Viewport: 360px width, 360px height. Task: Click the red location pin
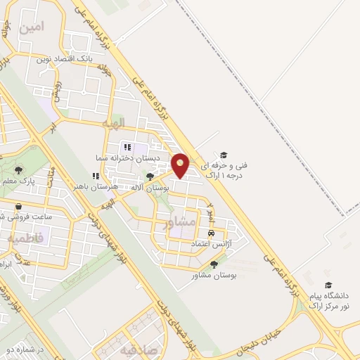click(x=181, y=165)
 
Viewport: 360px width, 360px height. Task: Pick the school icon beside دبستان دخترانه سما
click(x=127, y=147)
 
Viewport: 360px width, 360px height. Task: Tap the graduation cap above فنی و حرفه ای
click(x=224, y=155)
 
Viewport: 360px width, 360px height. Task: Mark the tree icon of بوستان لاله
click(x=150, y=177)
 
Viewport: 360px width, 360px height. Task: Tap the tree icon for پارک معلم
click(x=18, y=169)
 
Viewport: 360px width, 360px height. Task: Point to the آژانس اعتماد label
click(x=211, y=243)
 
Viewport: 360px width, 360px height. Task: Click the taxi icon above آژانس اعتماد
click(x=211, y=231)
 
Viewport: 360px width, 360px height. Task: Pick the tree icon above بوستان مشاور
click(x=214, y=264)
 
